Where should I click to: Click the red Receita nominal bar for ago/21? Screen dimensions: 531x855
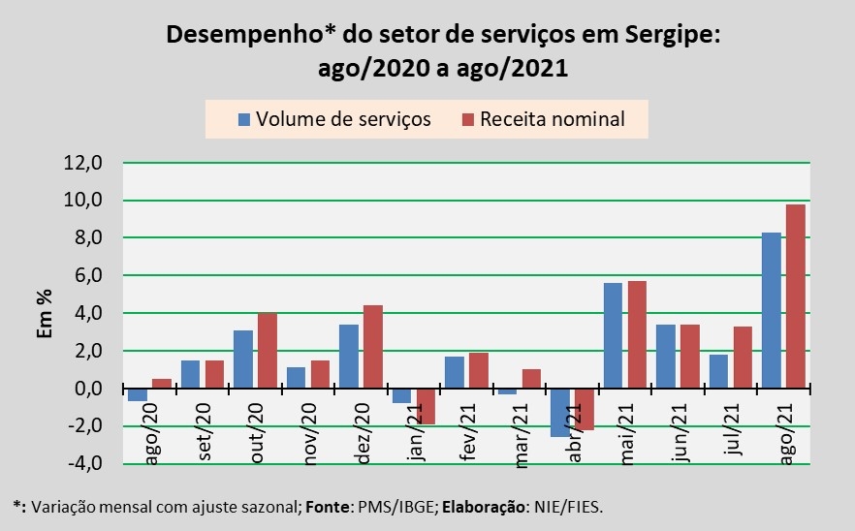tap(795, 296)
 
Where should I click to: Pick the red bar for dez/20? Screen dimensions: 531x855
tap(373, 347)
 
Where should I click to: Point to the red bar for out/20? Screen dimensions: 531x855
tap(268, 350)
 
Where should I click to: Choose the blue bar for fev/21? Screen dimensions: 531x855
tap(455, 372)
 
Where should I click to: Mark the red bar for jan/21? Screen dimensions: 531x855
tap(427, 406)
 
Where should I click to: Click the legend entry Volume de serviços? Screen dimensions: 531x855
tap(334, 119)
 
